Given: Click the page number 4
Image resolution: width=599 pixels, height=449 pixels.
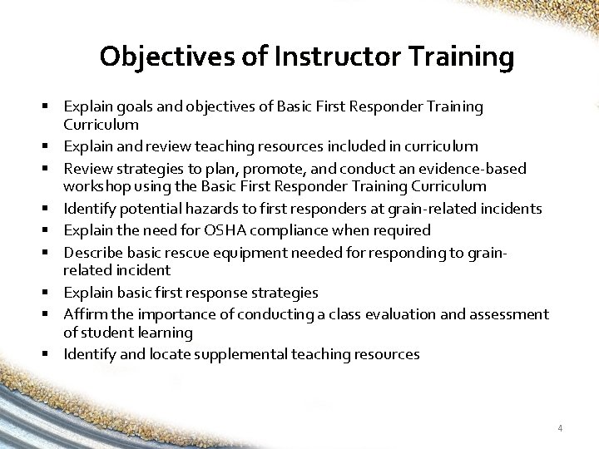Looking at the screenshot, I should [560, 428].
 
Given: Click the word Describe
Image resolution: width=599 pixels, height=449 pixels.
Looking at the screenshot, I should [92, 252].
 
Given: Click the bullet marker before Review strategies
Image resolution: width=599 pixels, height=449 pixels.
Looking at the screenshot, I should [52, 169].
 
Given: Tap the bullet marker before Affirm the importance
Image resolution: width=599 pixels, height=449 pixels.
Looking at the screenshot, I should [52, 313].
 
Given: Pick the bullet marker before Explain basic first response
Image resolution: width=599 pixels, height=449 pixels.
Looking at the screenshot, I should [52, 293].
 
